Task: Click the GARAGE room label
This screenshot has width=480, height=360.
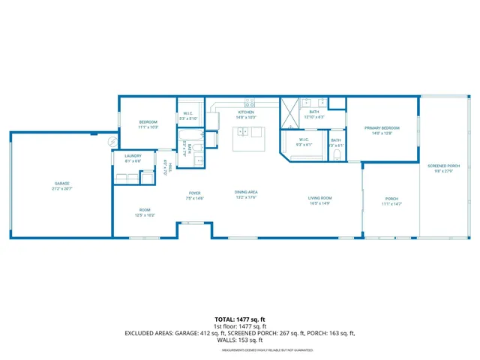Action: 61,183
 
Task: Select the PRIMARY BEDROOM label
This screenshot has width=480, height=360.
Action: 382,128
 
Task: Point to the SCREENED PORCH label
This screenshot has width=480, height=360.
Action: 444,166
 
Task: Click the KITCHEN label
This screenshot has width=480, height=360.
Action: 245,112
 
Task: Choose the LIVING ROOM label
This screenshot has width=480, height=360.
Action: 319,199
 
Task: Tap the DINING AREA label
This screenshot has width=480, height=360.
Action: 247,193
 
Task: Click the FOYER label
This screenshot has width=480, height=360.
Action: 194,193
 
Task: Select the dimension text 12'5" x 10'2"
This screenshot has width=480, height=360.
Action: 145,215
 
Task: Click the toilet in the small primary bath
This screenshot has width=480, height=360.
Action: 337,155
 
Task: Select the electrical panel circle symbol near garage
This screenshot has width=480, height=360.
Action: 112,142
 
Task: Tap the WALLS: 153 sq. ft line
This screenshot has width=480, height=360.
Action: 239,340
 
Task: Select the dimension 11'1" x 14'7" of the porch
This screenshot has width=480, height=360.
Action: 392,204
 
